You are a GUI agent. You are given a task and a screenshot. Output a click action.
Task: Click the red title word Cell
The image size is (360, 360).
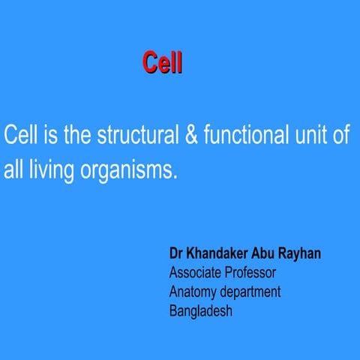click(162, 63)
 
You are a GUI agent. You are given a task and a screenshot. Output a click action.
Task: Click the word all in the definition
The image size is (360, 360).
click(13, 170)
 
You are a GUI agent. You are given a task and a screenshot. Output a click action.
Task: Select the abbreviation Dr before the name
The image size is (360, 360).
click(177, 254)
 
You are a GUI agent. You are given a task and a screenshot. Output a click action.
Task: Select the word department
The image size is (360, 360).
click(250, 292)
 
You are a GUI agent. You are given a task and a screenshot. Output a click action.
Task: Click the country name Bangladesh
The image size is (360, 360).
click(201, 311)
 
